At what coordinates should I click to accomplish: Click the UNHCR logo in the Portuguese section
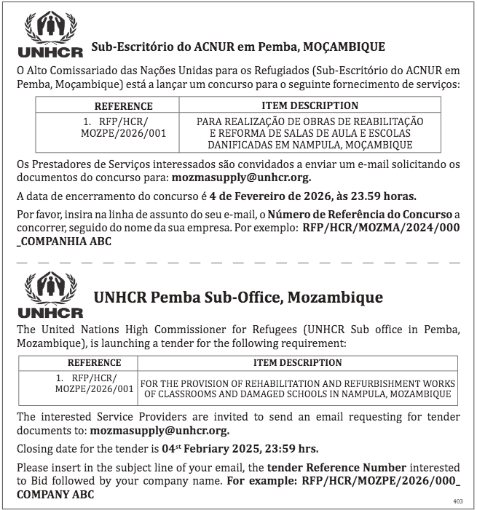pos(50,34)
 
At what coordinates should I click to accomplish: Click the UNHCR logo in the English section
pos(50,295)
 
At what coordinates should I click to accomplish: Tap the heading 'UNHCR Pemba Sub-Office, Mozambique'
pos(238,298)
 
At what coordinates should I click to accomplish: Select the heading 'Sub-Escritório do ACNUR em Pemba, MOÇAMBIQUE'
pos(238,47)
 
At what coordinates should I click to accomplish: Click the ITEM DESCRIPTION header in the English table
pos(297,362)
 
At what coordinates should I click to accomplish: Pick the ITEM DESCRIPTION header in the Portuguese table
pos(310,106)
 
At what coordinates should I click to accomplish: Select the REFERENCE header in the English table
pos(95,362)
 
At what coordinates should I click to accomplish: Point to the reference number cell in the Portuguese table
pos(114,128)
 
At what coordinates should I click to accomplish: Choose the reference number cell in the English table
pos(95,383)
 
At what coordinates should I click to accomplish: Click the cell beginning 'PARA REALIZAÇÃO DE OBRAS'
pos(310,133)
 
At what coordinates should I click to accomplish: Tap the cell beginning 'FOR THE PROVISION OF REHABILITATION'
pos(297,389)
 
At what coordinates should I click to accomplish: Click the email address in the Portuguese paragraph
pos(241,177)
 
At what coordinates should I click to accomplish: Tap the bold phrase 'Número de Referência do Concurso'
pos(360,215)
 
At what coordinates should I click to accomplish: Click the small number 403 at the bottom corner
pos(457,501)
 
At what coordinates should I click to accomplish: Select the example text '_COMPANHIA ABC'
pos(64,241)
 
